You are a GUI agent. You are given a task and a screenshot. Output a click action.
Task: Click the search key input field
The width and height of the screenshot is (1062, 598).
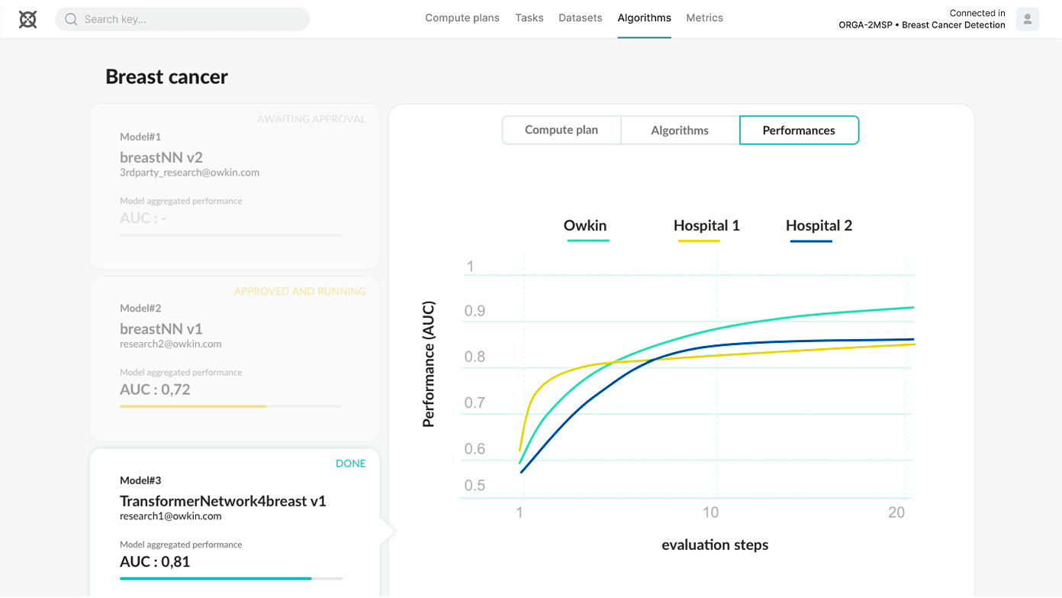pos(183,19)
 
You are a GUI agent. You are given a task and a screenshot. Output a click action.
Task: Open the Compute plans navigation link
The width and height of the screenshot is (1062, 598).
pos(462,18)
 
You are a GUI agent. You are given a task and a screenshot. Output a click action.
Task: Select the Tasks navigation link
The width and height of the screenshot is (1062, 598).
pos(529,18)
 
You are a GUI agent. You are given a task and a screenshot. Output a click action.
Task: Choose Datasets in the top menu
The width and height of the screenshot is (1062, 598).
pos(580,18)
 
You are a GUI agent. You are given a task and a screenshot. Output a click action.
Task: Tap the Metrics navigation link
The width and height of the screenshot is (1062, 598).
pos(704,18)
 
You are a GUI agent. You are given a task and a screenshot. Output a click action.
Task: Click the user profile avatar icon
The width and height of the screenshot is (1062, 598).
pos(1027,19)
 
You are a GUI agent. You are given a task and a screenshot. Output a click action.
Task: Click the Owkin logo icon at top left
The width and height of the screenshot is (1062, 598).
pos(27,19)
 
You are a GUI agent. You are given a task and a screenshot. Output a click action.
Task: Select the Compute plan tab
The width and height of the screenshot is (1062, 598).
pos(561,130)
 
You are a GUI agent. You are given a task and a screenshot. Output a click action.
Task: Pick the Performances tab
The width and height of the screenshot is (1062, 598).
pos(799,130)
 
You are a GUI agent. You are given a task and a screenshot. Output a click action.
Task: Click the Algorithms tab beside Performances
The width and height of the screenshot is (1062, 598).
pos(680,130)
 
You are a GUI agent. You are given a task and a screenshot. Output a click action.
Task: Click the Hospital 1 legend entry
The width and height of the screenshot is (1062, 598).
pos(706,226)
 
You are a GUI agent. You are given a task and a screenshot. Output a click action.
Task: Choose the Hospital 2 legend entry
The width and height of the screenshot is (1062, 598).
pos(819,226)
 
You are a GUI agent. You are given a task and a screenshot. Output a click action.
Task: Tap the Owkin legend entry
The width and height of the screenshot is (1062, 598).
pos(585,226)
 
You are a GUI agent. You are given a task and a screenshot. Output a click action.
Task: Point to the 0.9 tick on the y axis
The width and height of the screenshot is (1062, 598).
pos(475,312)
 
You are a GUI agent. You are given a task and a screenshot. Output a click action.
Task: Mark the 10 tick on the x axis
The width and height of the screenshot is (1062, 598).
pos(710,512)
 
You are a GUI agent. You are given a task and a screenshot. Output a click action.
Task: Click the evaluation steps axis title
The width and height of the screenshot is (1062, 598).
pos(715,545)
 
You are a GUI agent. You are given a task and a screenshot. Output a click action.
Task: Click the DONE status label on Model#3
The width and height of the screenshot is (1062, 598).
pos(350,464)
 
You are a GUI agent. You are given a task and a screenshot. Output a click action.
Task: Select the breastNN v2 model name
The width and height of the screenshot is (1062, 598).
pos(161,157)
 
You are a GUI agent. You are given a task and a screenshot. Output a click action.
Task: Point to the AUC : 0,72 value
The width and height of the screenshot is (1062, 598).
pos(155,390)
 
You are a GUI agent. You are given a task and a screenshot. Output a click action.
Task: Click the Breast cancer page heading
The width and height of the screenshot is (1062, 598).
pos(166,77)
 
